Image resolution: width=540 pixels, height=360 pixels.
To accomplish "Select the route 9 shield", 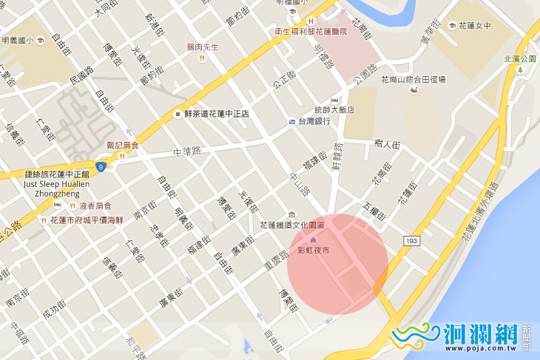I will click(101, 167).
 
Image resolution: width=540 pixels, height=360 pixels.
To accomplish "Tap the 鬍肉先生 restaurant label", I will click(203, 47).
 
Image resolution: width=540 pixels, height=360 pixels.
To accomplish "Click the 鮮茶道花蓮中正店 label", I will click(216, 114).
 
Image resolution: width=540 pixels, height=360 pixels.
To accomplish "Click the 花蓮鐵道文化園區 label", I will click(292, 225).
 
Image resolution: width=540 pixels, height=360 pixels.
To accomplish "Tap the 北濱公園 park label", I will click(519, 58).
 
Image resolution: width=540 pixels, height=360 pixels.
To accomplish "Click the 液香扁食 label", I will click(95, 205).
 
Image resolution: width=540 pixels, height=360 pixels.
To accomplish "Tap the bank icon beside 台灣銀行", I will click(292, 121).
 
